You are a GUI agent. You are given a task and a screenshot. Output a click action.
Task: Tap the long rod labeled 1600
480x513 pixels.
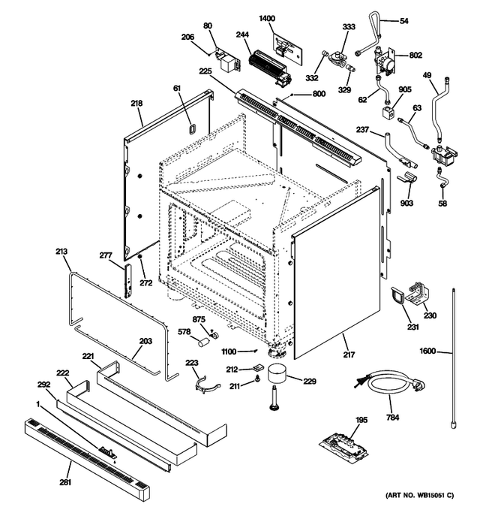pos(454,353)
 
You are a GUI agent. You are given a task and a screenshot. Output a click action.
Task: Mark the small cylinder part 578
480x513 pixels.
pos(202,343)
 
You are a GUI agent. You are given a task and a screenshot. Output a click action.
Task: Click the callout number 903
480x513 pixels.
pos(406,204)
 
